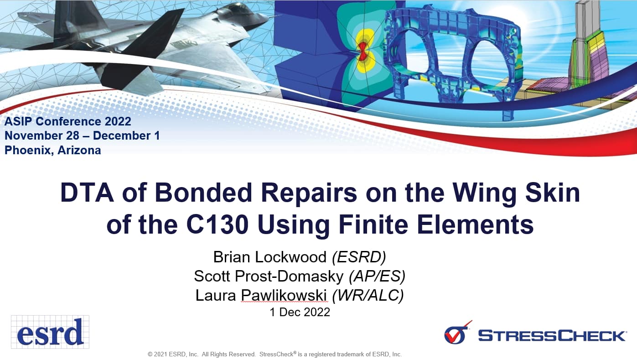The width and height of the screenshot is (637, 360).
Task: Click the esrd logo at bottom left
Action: [50, 332]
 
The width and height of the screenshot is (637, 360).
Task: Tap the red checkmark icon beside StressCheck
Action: [457, 334]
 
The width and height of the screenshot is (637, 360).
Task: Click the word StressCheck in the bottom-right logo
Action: [552, 336]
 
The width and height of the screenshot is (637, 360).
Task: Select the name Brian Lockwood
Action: [270, 257]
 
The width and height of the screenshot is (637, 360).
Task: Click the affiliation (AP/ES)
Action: [377, 276]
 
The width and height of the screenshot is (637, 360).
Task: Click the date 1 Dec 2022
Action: [300, 313]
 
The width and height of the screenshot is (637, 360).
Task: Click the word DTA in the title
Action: [85, 193]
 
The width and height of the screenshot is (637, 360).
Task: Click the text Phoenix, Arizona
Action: [53, 150]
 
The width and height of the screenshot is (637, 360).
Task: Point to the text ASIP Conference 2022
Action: [68, 121]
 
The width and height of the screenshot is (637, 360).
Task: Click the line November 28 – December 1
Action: [82, 136]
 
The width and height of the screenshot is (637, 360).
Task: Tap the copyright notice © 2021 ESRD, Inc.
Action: [173, 354]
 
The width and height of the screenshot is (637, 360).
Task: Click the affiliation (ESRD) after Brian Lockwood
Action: [359, 257]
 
